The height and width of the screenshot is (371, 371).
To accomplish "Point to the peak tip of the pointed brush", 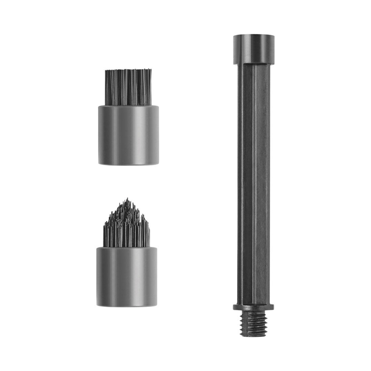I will click(x=127, y=198).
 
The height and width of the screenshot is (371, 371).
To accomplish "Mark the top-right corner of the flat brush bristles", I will click(x=152, y=70).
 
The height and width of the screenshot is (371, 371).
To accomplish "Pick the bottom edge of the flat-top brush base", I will click(x=128, y=165).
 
